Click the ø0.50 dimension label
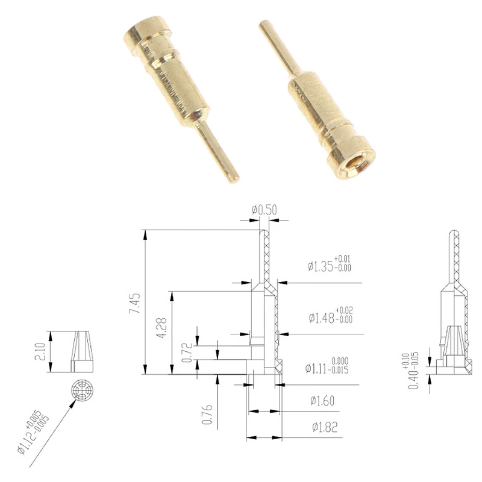pos(264,210)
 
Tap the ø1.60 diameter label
pos(323,400)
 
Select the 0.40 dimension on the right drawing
pos(416,368)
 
